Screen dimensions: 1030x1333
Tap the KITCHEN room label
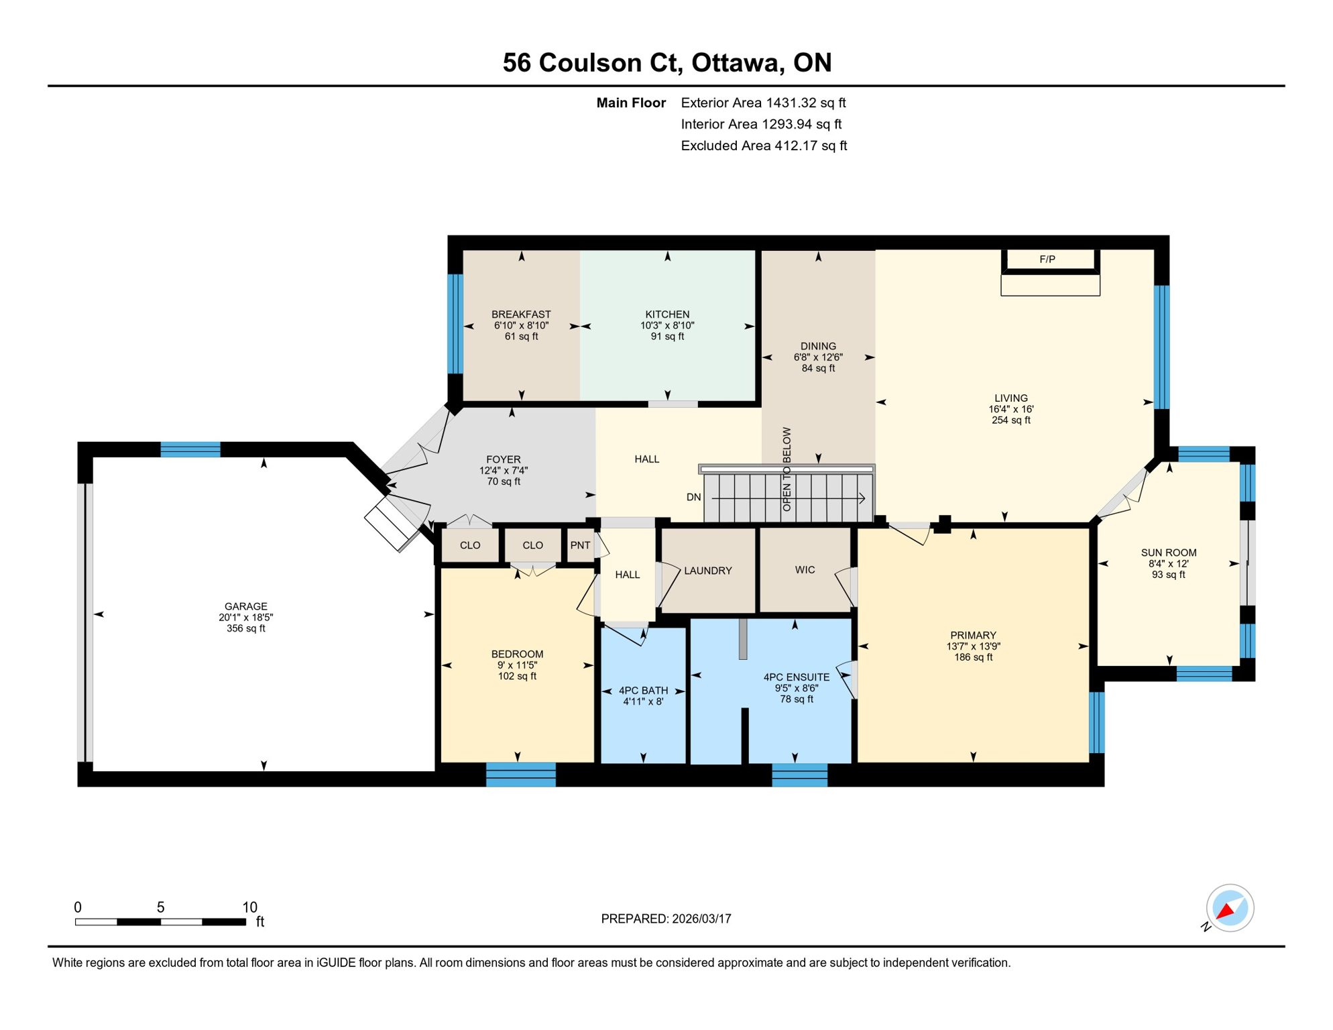pyautogui.click(x=666, y=314)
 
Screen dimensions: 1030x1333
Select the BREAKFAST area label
pyautogui.click(x=521, y=314)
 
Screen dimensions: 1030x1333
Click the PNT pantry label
pyautogui.click(x=580, y=545)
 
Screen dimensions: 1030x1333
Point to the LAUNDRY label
pyautogui.click(x=707, y=571)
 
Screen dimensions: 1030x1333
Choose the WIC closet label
pyautogui.click(x=805, y=570)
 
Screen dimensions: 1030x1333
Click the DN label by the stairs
pyautogui.click(x=693, y=497)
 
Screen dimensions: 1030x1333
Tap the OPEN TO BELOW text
pyautogui.click(x=787, y=469)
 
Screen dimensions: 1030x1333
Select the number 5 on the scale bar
pyautogui.click(x=160, y=907)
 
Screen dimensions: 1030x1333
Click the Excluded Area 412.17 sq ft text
pyautogui.click(x=763, y=146)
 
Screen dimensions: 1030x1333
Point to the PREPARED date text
pyautogui.click(x=666, y=919)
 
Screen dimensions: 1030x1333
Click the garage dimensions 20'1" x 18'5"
pyautogui.click(x=245, y=618)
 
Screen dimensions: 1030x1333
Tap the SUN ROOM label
pyautogui.click(x=1168, y=553)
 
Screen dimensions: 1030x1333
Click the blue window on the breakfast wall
pyautogui.click(x=455, y=324)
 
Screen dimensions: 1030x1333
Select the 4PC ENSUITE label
pyautogui.click(x=796, y=677)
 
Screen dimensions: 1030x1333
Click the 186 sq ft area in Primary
pyautogui.click(x=973, y=657)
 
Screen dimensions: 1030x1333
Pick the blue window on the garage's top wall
pyautogui.click(x=190, y=449)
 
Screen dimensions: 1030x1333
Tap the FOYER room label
pyautogui.click(x=503, y=459)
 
